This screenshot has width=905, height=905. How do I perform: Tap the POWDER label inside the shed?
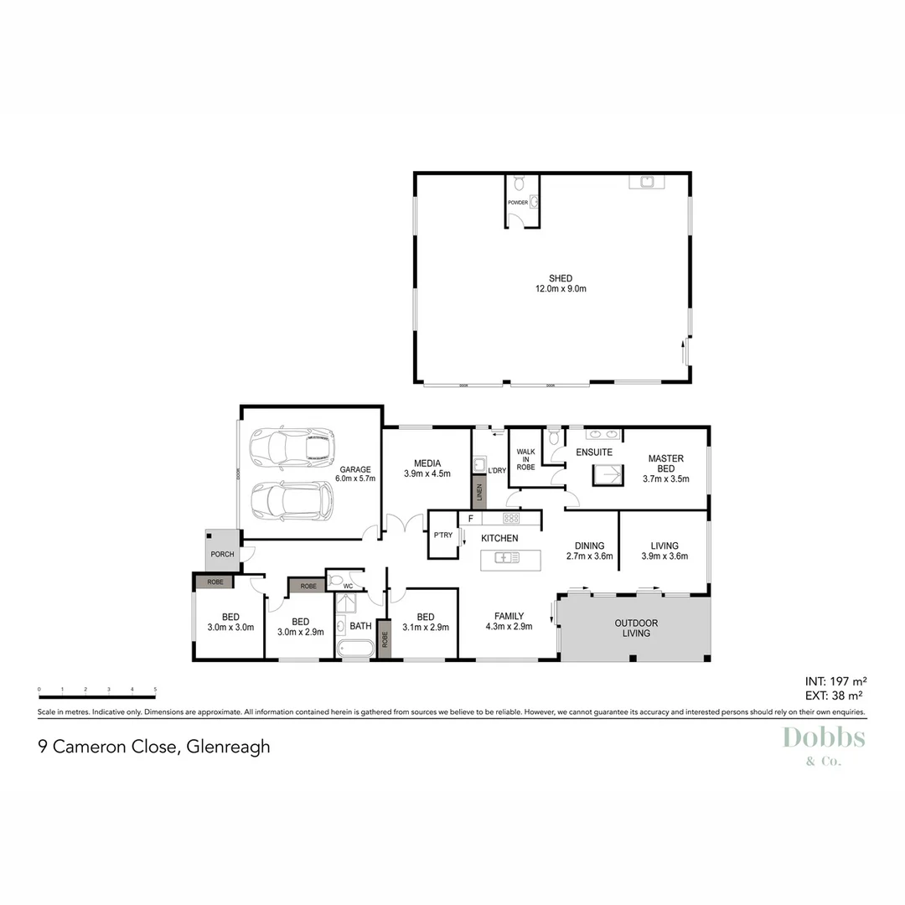(518, 202)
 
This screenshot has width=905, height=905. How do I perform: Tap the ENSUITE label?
(594, 452)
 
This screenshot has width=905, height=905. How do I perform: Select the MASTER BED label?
(666, 463)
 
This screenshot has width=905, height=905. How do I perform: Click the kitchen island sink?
(506, 557)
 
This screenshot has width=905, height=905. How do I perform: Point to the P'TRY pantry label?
(442, 535)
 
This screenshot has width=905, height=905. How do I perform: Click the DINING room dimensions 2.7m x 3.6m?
(590, 556)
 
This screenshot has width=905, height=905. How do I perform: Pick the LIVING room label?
(665, 546)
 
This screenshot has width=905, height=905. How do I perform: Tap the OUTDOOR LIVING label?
(636, 628)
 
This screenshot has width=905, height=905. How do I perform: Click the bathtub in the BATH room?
(355, 649)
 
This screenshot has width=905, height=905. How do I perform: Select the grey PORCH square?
(223, 549)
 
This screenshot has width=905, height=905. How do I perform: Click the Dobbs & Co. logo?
(823, 744)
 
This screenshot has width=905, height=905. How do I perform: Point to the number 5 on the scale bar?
(155, 689)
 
